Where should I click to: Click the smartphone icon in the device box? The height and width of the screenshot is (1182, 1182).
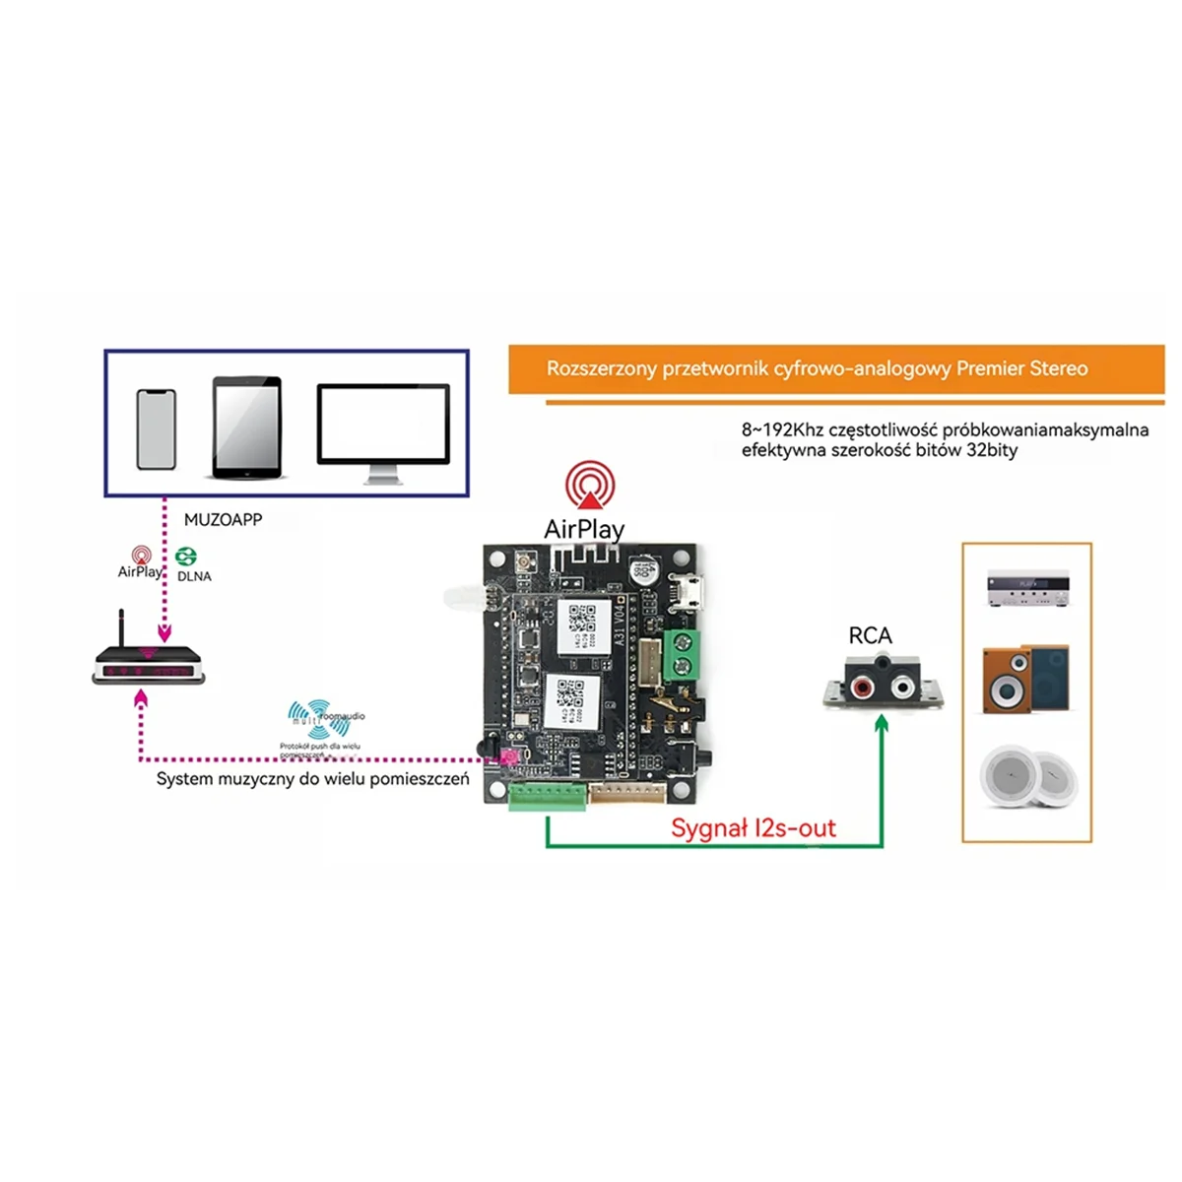[x=157, y=429]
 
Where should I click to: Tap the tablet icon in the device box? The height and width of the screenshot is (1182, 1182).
[x=247, y=427]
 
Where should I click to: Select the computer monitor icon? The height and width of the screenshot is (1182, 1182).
[x=383, y=431]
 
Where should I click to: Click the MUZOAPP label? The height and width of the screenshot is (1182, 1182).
[x=223, y=519]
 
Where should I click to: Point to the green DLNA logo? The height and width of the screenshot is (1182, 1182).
[x=186, y=558]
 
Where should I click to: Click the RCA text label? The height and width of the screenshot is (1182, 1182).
[x=870, y=636]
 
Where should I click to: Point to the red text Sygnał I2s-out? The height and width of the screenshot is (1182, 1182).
[x=754, y=828]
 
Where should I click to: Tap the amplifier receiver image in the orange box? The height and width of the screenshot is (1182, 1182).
[x=1027, y=588]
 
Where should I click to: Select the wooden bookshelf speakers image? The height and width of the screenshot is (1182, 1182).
[x=1025, y=680]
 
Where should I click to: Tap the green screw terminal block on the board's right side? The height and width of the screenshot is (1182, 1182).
[x=681, y=655]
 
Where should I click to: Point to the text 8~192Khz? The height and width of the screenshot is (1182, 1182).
[x=782, y=430]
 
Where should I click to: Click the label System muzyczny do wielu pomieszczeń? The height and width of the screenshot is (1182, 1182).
[x=312, y=779]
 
